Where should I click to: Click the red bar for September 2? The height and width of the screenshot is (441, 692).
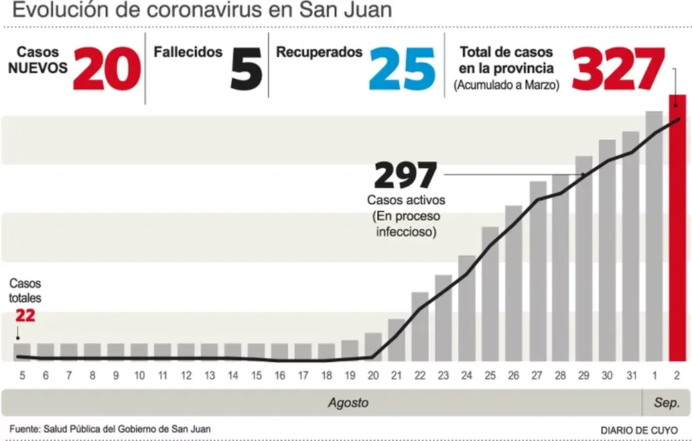676,228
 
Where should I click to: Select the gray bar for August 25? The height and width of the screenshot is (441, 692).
490,294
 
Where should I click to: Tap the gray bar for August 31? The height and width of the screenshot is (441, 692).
630,246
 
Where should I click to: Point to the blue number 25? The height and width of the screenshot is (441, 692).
402,69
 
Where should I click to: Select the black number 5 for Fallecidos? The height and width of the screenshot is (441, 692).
246,69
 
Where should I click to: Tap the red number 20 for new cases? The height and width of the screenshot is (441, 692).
107,69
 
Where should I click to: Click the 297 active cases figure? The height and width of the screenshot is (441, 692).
406,176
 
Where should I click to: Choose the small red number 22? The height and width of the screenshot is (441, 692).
24,316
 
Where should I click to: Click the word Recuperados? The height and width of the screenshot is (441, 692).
319,52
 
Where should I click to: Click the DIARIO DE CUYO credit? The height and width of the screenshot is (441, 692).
639,429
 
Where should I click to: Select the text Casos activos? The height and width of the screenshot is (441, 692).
406,200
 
